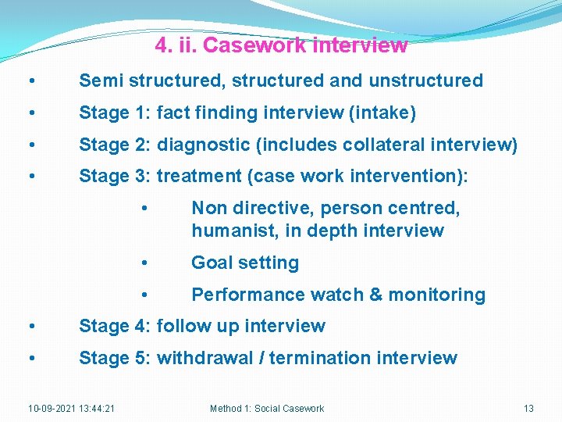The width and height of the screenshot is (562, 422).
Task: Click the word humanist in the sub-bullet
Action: [x=230, y=231]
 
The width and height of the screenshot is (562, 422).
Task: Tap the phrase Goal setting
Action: [x=245, y=263]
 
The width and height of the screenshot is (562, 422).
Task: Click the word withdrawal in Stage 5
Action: [x=205, y=358]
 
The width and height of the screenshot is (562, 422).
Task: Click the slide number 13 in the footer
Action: [x=528, y=409]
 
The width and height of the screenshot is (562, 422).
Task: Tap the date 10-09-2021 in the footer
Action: [x=52, y=409]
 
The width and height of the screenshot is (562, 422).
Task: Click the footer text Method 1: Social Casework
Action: [x=267, y=409]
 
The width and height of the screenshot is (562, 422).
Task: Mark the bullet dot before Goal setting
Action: [x=144, y=263]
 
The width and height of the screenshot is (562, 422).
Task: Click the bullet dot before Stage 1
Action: [x=30, y=113]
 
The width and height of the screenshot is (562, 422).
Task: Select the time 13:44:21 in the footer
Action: [x=98, y=409]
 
